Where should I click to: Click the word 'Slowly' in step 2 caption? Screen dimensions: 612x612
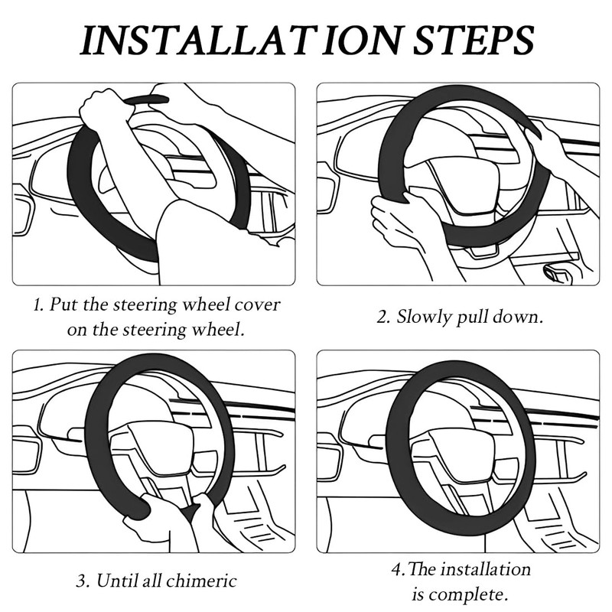424,317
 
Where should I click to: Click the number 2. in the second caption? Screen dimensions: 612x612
383,317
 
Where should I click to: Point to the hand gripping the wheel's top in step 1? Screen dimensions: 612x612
107,107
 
